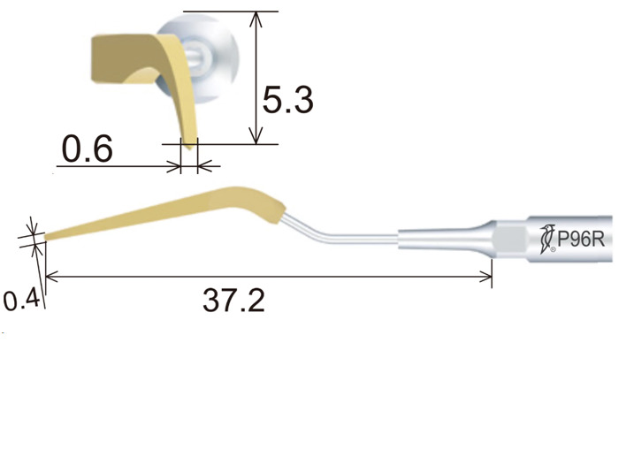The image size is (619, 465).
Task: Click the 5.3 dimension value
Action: coord(288,100)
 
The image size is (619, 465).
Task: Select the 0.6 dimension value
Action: coord(88,149)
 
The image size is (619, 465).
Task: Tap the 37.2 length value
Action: coord(233,301)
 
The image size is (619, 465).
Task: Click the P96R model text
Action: coord(580,239)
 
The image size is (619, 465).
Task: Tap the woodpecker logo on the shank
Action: coord(548,240)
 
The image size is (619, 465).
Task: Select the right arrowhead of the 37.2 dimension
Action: coord(485,277)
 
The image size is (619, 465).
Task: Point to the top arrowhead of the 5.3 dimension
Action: coord(256,19)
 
